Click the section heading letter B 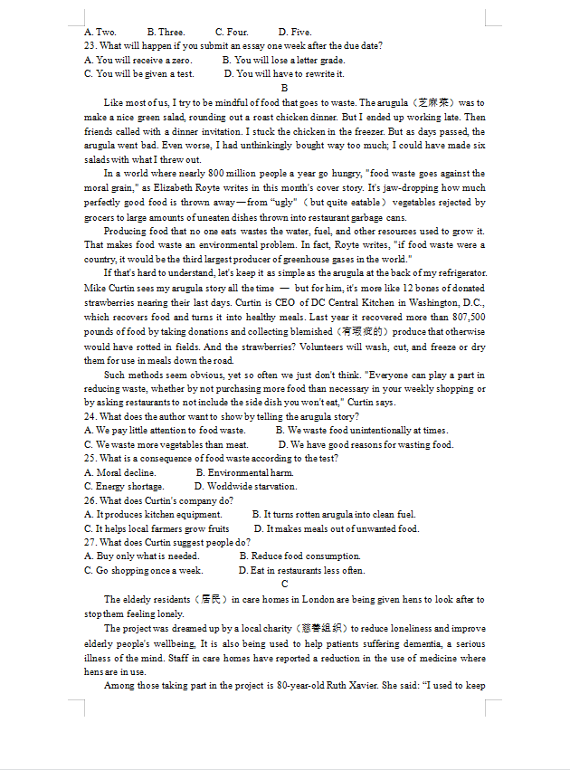click(284, 88)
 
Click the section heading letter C click(284, 585)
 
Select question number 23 click(90, 45)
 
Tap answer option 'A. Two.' click(100, 32)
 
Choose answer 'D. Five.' click(295, 32)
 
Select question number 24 click(90, 416)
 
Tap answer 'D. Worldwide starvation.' click(245, 487)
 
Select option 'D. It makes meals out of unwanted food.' click(336, 528)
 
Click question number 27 click(90, 542)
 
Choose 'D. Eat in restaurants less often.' click(301, 571)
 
